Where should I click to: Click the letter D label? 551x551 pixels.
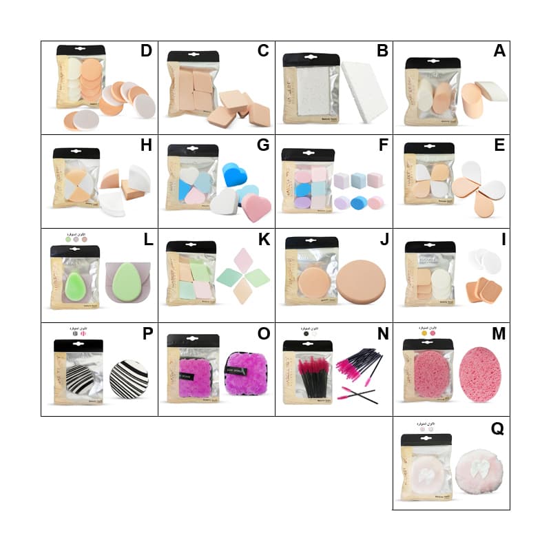(146, 51)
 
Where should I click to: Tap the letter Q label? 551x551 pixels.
(497, 429)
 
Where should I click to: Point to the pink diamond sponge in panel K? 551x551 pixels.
(245, 260)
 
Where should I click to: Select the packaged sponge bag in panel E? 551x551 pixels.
(428, 176)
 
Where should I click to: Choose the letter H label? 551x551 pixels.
(146, 145)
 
